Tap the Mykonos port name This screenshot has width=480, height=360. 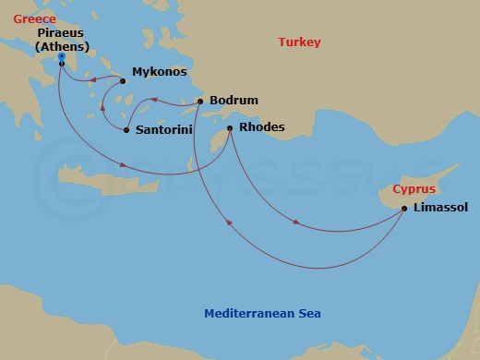tap(160, 72)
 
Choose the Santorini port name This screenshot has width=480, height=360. tap(163, 130)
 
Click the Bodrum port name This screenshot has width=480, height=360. tap(234, 101)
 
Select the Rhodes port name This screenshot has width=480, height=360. tap(262, 127)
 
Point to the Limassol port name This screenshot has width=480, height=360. tap(441, 209)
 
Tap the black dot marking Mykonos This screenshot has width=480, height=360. tap(123, 81)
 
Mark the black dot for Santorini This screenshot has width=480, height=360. tap(126, 130)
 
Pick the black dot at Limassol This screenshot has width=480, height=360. tap(404, 209)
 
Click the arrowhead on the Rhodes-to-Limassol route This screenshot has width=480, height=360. tap(296, 222)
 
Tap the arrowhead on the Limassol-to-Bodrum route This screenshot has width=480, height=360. tap(227, 220)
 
